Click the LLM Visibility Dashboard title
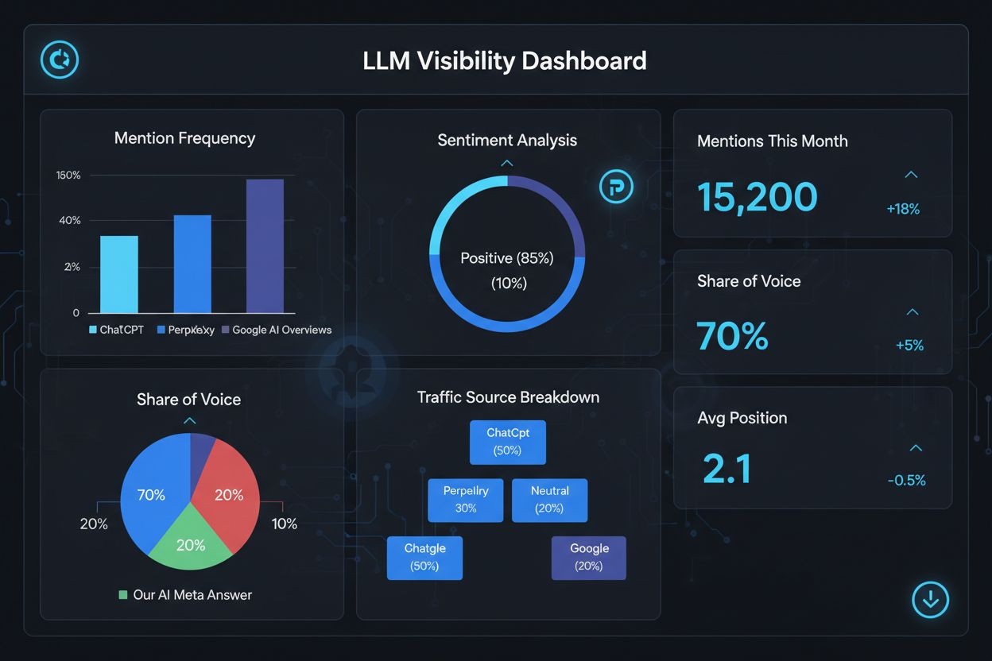click(504, 60)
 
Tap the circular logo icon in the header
click(60, 60)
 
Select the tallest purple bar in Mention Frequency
click(265, 246)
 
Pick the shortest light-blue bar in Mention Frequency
click(119, 274)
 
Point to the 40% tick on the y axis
click(70, 220)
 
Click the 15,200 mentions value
click(757, 197)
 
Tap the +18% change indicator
click(903, 209)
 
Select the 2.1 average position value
click(727, 469)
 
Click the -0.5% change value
click(906, 480)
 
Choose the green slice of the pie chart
click(191, 540)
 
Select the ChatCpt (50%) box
click(507, 442)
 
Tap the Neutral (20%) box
click(549, 500)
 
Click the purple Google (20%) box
click(588, 557)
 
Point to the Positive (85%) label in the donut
click(507, 258)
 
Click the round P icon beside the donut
click(616, 187)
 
